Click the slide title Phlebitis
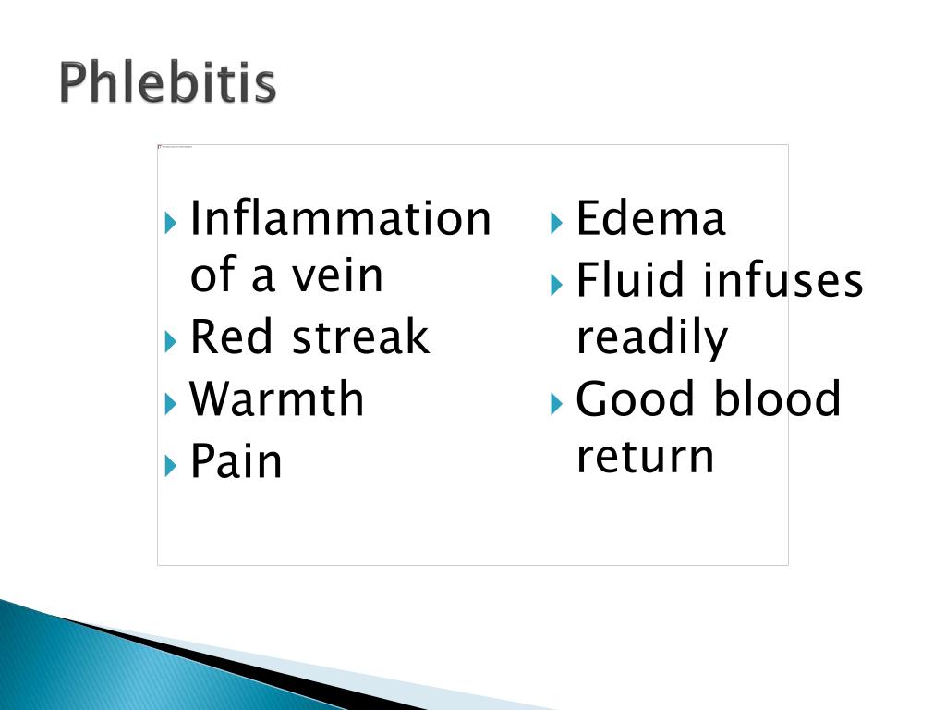(x=168, y=84)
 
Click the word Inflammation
(x=340, y=219)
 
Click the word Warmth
(x=277, y=398)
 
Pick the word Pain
(x=236, y=460)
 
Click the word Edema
(x=650, y=219)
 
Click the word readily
(x=651, y=338)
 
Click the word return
(x=645, y=457)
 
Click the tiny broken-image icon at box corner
(x=161, y=147)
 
